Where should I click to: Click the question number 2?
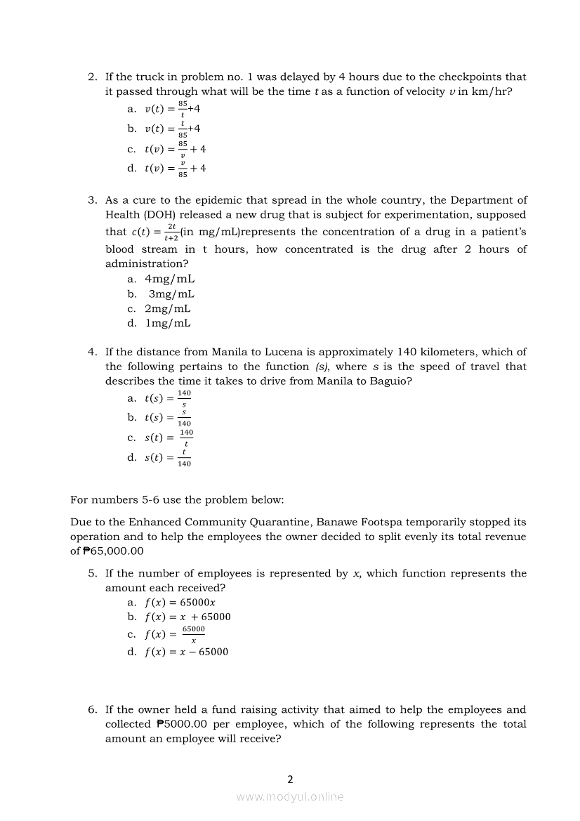pos(92,77)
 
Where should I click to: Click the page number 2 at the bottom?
pos(290,778)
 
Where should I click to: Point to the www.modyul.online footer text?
pos(290,796)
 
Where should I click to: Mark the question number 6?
pos(92,709)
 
